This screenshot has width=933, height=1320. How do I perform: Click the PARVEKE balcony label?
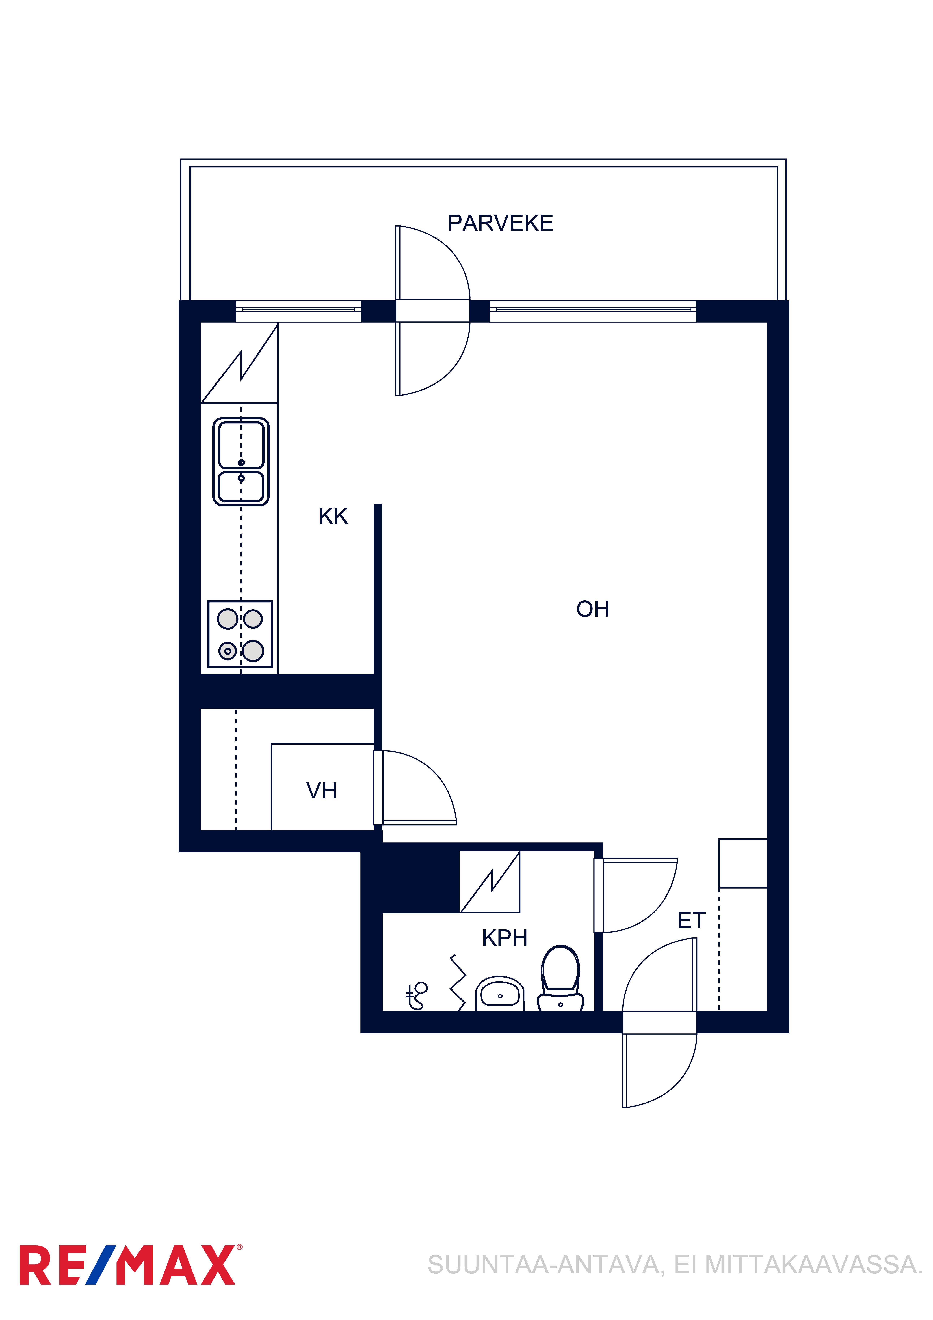tap(500, 223)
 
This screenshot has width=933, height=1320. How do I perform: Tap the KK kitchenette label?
tap(333, 516)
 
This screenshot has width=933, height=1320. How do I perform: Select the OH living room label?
tap(593, 609)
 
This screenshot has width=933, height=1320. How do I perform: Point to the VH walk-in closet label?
tap(321, 791)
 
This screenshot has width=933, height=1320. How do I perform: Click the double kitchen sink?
tap(241, 462)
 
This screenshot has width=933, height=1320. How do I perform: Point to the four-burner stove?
tap(240, 634)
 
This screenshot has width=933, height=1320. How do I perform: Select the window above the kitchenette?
tap(298, 311)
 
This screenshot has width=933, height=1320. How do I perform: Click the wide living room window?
tap(593, 311)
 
